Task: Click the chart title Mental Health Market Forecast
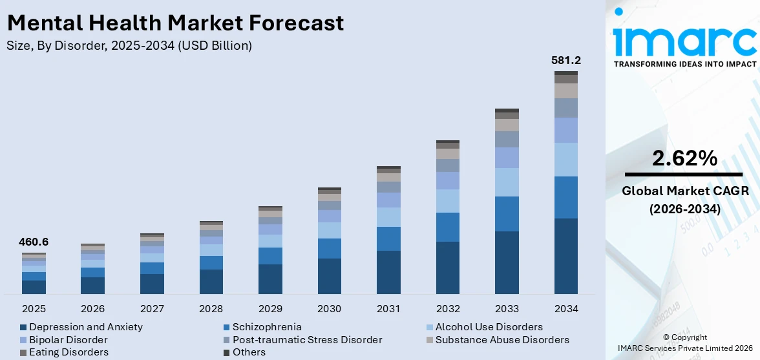click(x=175, y=23)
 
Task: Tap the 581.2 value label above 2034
click(x=565, y=60)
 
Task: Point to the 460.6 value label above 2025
click(x=33, y=242)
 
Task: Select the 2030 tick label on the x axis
click(x=330, y=308)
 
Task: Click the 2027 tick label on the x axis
click(x=152, y=308)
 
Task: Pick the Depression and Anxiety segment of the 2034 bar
click(x=566, y=256)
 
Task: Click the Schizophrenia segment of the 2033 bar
click(x=507, y=214)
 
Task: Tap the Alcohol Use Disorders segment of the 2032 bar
click(x=447, y=201)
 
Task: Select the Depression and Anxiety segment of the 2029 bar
click(x=270, y=279)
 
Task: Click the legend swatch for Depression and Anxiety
click(x=24, y=328)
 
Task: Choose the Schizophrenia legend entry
click(x=267, y=327)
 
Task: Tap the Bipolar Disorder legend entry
click(x=69, y=340)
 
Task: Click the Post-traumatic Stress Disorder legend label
click(x=308, y=340)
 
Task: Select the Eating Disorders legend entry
click(x=69, y=352)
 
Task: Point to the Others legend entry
click(x=249, y=352)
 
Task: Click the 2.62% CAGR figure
click(x=684, y=158)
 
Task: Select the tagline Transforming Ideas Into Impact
click(x=684, y=64)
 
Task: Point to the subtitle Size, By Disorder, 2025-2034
click(x=129, y=46)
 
